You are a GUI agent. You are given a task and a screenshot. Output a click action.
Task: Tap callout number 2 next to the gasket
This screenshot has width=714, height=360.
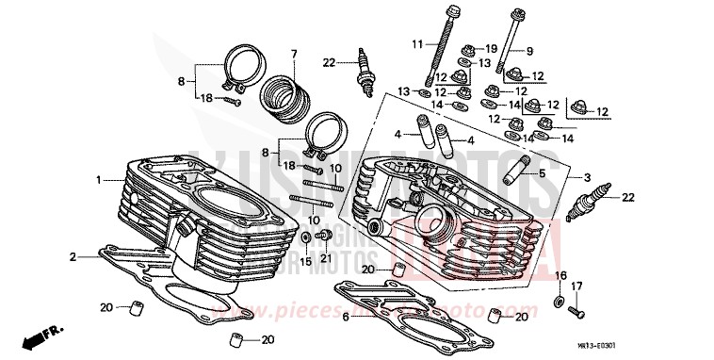click(x=72, y=256)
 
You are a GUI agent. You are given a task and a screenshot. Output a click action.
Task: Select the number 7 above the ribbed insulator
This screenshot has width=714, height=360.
click(x=293, y=53)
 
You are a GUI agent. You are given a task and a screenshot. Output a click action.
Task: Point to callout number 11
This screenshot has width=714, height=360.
click(x=417, y=43)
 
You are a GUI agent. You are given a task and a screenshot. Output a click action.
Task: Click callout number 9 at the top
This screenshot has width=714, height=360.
click(x=528, y=50)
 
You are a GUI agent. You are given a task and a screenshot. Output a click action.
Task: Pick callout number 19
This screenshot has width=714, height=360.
click(x=492, y=47)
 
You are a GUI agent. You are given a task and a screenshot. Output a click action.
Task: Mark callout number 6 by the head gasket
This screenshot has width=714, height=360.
click(x=346, y=317)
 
